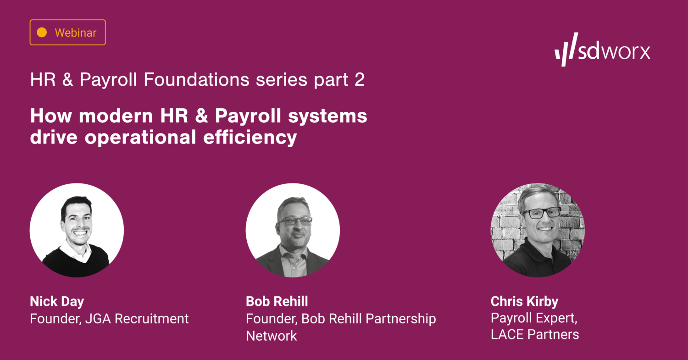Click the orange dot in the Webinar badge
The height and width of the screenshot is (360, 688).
coord(42,33)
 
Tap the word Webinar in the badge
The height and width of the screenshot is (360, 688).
coord(75,33)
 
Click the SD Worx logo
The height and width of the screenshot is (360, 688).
coord(602,50)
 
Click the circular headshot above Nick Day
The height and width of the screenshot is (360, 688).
coord(77,230)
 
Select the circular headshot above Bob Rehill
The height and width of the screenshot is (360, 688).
coord(293,230)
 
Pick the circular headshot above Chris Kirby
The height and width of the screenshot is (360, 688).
coord(538,230)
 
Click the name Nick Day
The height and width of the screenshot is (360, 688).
coord(57,302)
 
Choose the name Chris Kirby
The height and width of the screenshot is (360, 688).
coord(524,302)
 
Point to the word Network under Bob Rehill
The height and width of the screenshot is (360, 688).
coord(272,336)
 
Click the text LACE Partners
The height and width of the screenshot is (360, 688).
coord(535,334)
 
